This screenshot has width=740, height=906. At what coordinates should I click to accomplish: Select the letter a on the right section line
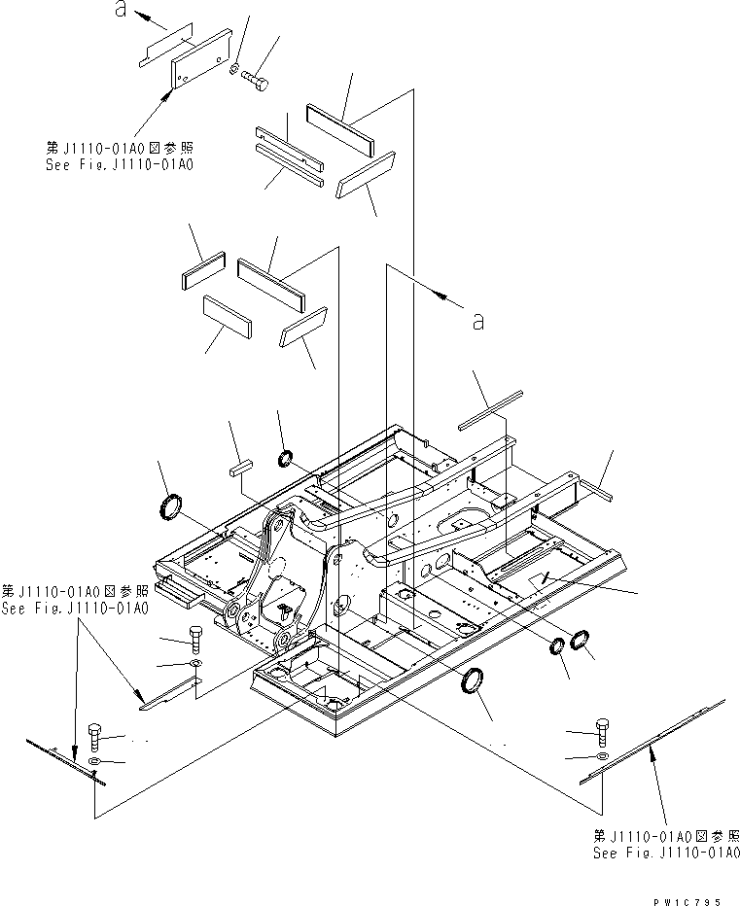[476, 322]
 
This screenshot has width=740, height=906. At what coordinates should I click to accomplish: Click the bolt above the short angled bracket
[194, 639]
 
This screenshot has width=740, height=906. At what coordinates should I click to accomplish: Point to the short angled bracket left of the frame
[171, 692]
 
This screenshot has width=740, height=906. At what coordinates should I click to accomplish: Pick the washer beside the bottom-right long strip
[603, 755]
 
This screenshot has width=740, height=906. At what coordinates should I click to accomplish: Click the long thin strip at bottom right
[653, 740]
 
